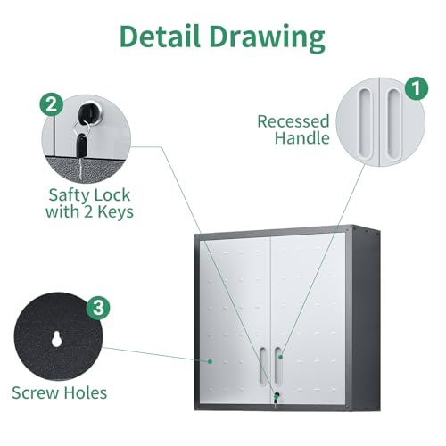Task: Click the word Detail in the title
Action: click(x=160, y=36)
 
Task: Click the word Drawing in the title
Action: click(x=267, y=38)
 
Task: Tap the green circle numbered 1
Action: click(x=417, y=88)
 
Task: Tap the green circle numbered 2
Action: click(x=52, y=104)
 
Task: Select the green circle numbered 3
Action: click(x=98, y=308)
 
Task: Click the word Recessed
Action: click(x=293, y=121)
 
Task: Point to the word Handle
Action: click(x=301, y=138)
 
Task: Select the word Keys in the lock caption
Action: click(x=115, y=213)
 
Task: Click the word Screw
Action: click(x=35, y=392)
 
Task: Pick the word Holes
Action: click(x=86, y=392)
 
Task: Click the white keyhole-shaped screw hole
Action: click(x=56, y=339)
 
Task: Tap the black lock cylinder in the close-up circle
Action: click(x=90, y=112)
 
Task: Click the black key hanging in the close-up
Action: click(x=81, y=145)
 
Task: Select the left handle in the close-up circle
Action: click(x=366, y=122)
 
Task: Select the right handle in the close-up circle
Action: click(x=393, y=125)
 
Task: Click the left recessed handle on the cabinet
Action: click(x=263, y=365)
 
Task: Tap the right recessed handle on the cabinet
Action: click(x=278, y=365)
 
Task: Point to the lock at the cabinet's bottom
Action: click(x=277, y=396)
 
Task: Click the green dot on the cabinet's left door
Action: click(x=211, y=361)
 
